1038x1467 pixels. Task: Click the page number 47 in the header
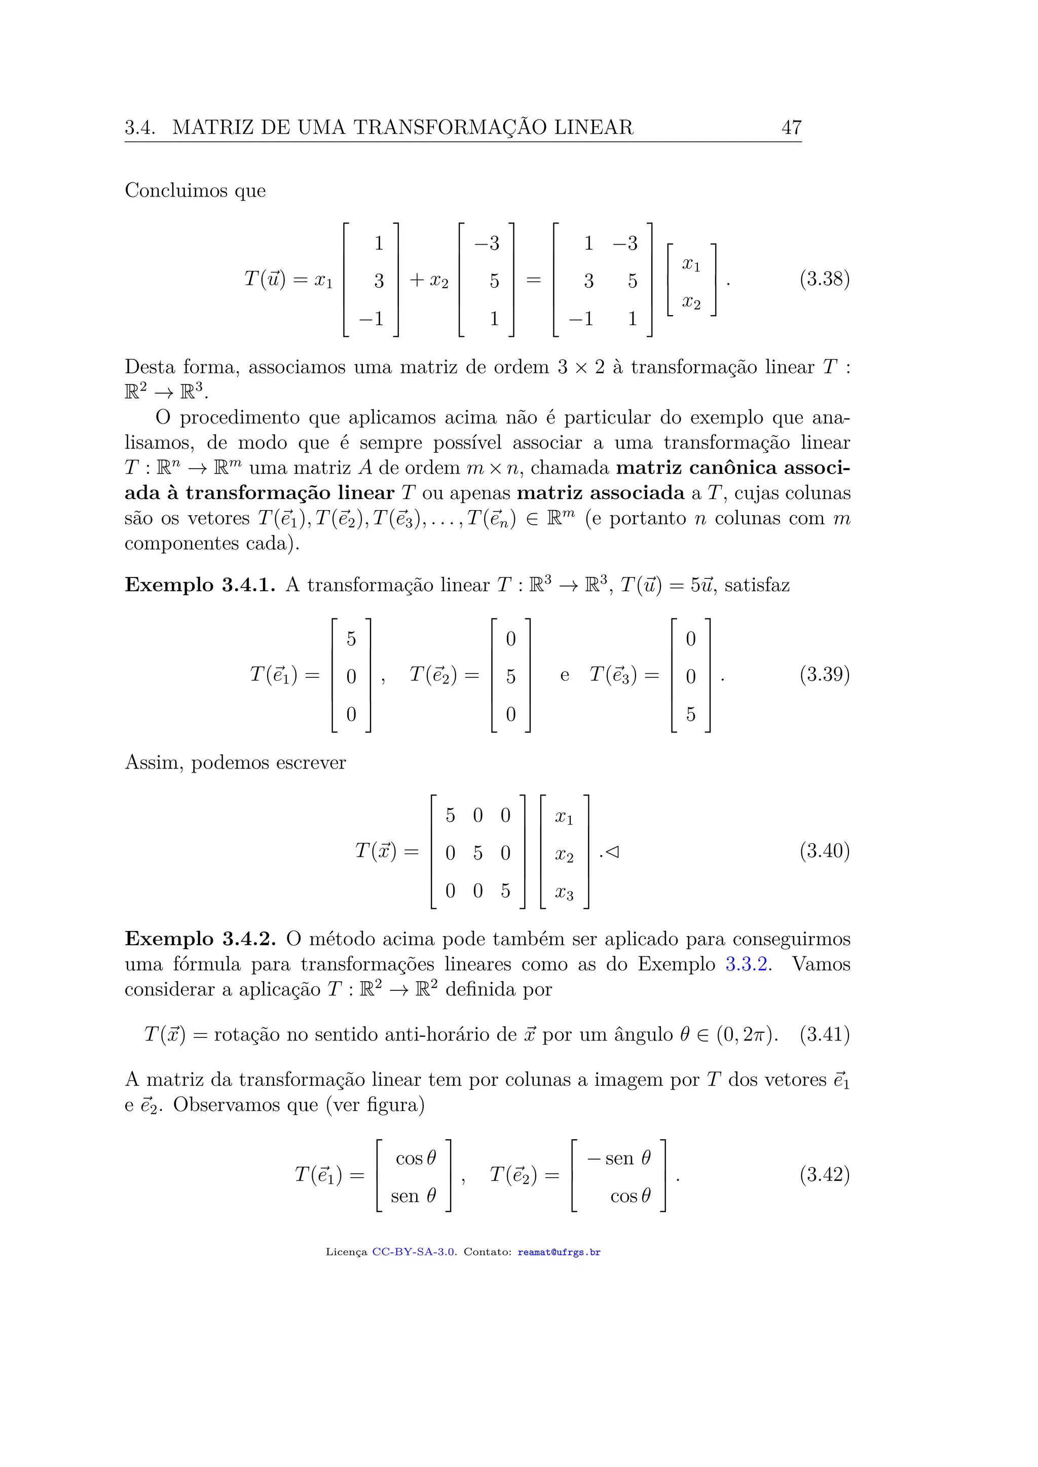tap(791, 128)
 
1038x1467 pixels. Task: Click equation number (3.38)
tap(824, 279)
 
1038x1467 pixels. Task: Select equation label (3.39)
tap(824, 675)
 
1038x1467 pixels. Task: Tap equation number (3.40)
tap(824, 851)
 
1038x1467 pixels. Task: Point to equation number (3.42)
tap(824, 1174)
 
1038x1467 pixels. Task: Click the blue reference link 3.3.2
tap(746, 964)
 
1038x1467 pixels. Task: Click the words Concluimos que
tap(195, 191)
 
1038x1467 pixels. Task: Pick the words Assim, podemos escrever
tap(235, 763)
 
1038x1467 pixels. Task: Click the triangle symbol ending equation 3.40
tap(612, 852)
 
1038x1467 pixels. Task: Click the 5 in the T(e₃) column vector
tap(690, 714)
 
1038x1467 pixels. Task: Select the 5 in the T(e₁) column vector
tap(351, 639)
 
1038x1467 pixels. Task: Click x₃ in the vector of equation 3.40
tap(564, 893)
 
